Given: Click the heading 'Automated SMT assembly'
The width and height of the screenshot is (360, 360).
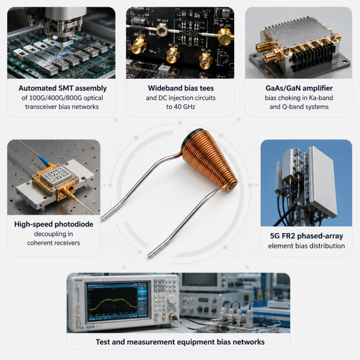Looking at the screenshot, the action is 63,88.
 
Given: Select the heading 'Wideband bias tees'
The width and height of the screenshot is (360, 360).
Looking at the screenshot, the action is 181,88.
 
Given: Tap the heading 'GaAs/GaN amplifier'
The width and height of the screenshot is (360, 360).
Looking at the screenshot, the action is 299,88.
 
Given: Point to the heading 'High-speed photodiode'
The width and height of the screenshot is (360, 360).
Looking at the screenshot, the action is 54,224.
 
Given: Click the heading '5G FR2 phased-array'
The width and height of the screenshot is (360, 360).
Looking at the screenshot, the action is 306,236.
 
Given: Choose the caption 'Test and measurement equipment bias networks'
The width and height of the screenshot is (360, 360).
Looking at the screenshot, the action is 180,342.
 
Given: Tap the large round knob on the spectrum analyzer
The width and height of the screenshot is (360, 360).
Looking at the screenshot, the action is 172,299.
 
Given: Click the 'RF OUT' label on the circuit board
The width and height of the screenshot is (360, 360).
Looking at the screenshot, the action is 162,20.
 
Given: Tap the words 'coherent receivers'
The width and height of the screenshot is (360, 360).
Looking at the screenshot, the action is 54,243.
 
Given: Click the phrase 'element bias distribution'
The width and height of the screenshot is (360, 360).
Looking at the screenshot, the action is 306,246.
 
